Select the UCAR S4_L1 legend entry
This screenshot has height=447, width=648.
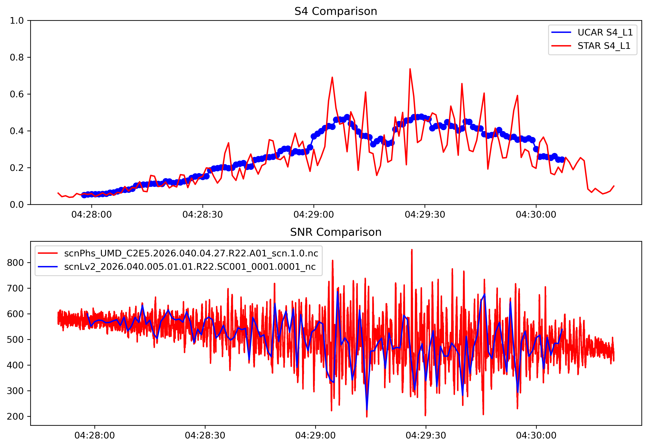(x=605, y=32)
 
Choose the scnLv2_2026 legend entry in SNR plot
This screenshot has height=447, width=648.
(x=190, y=266)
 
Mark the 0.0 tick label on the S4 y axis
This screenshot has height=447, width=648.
(x=17, y=205)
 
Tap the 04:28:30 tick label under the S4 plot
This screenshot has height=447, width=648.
(x=202, y=215)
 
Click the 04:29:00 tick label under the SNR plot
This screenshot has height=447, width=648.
(x=315, y=436)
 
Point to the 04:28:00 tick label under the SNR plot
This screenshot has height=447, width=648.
(x=95, y=436)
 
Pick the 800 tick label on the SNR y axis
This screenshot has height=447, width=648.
(x=15, y=263)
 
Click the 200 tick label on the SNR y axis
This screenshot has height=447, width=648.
(x=15, y=417)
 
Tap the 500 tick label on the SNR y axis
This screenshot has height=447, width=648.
(x=15, y=339)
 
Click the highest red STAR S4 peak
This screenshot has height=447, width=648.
(x=410, y=69)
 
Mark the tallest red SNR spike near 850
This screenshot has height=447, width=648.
(x=412, y=250)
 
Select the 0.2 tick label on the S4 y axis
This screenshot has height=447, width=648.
(x=17, y=168)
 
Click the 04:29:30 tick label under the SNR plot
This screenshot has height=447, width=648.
(x=426, y=436)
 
